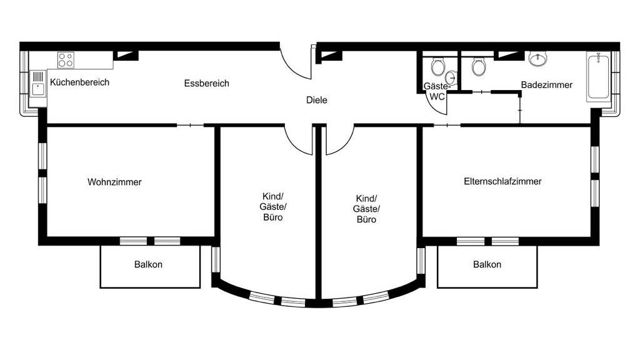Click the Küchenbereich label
[x=79, y=82]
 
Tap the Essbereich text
[x=206, y=84]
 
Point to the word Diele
[x=317, y=100]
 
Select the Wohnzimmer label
[x=114, y=182]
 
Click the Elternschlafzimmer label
[x=502, y=181]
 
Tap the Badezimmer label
[x=546, y=85]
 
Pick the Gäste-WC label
[x=437, y=91]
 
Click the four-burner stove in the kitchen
[x=66, y=59]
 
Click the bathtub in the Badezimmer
[x=598, y=76]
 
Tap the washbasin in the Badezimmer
[x=538, y=59]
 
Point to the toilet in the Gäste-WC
[x=437, y=66]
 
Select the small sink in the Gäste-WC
[x=451, y=77]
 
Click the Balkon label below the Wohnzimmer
[x=148, y=264]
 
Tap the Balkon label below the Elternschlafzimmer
[x=487, y=264]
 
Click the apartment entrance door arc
[x=291, y=69]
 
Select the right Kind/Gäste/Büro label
[x=366, y=209]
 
